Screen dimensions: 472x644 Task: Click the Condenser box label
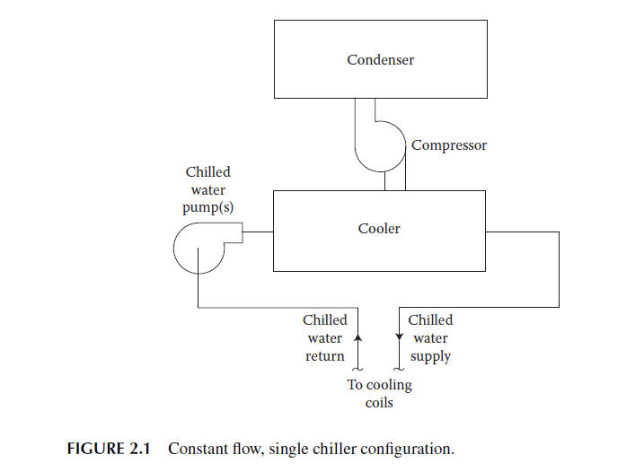380,60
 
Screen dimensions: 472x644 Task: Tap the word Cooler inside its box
379,228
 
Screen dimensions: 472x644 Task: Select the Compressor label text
449,144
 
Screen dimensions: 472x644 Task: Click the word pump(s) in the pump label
207,207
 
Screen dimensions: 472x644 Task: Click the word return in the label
324,355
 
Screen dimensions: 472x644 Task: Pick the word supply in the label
430,355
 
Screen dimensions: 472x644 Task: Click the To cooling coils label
379,393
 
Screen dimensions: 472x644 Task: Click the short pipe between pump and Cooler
259,232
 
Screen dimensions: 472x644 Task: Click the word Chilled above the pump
207,171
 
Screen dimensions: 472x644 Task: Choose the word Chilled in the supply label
430,319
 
